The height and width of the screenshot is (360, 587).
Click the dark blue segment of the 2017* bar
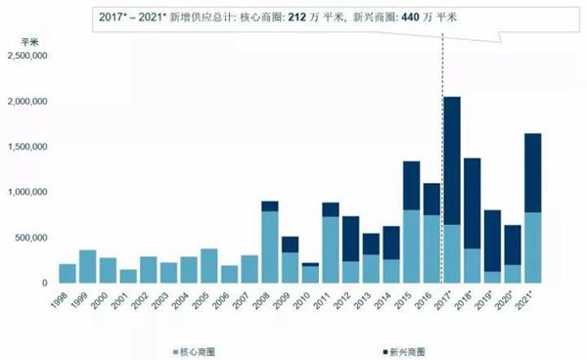452,160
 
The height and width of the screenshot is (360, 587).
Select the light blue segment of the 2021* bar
533,247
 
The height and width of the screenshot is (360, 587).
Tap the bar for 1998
68,274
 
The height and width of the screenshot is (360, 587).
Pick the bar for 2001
128,276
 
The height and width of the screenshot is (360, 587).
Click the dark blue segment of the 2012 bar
350,239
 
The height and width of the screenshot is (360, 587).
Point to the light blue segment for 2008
270,247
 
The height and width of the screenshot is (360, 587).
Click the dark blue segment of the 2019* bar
492,241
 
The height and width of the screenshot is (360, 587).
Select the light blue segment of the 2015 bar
411,247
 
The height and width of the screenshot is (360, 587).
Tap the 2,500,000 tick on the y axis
27,56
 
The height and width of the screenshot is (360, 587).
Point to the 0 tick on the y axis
45,283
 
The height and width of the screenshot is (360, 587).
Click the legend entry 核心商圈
194,352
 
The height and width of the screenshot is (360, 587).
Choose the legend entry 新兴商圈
404,352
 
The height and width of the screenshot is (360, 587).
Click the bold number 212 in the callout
296,18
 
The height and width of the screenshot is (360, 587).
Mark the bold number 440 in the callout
410,18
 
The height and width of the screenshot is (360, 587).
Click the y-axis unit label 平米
29,42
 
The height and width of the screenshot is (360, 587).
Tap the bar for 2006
229,274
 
